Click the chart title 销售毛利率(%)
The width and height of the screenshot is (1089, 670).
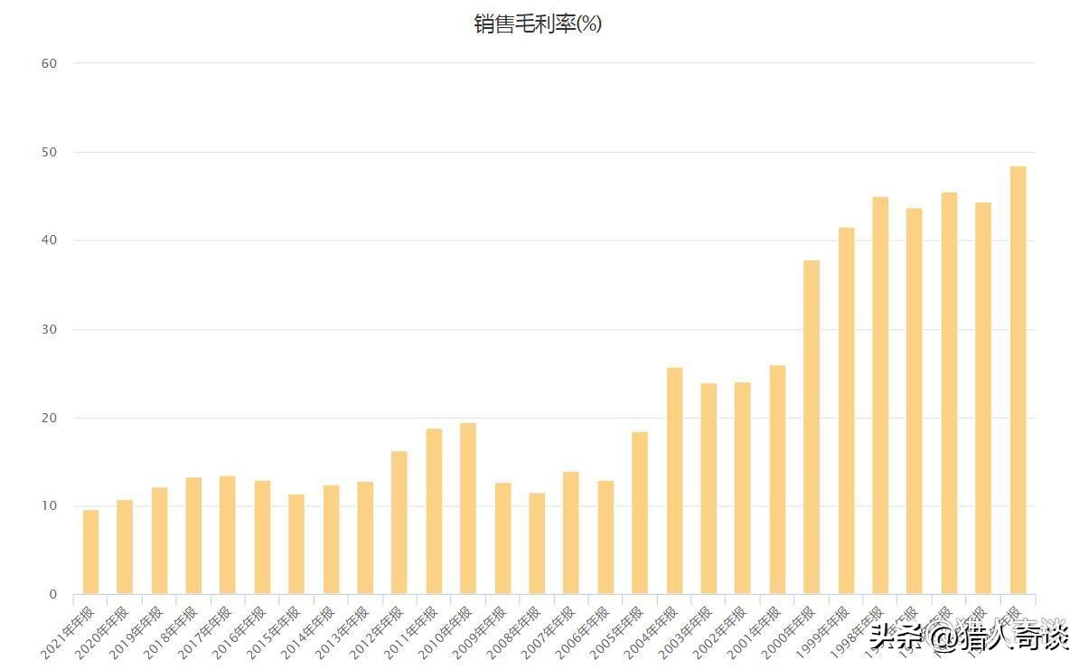538,24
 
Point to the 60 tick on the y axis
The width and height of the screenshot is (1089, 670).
49,63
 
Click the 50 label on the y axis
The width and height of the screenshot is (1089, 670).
49,152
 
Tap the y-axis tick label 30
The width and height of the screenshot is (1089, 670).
49,329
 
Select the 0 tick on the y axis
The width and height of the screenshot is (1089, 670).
53,595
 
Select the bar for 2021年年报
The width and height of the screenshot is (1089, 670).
90,552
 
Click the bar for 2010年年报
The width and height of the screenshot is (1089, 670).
468,509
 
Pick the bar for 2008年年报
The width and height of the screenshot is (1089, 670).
537,543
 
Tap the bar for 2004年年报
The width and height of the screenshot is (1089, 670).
674,481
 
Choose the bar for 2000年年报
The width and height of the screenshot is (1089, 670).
812,427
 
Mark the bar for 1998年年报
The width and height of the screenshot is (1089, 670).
880,395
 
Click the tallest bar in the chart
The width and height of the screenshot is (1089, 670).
1018,380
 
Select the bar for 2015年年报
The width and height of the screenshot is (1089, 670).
296,544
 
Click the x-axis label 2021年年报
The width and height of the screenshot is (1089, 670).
69,630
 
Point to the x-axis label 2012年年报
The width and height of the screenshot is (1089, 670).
378,630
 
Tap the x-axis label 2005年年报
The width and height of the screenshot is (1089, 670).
618,630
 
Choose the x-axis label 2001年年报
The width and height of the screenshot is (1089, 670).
756,630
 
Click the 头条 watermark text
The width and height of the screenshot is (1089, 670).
898,637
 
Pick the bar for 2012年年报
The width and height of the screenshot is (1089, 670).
399,523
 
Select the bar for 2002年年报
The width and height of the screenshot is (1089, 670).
743,488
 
